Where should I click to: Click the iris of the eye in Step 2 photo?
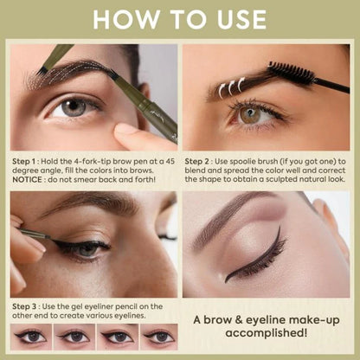click(x=251, y=114)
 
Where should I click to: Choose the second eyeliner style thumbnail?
click(x=76, y=337)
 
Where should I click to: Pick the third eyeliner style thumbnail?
click(x=118, y=337)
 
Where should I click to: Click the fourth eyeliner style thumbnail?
click(x=159, y=337)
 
